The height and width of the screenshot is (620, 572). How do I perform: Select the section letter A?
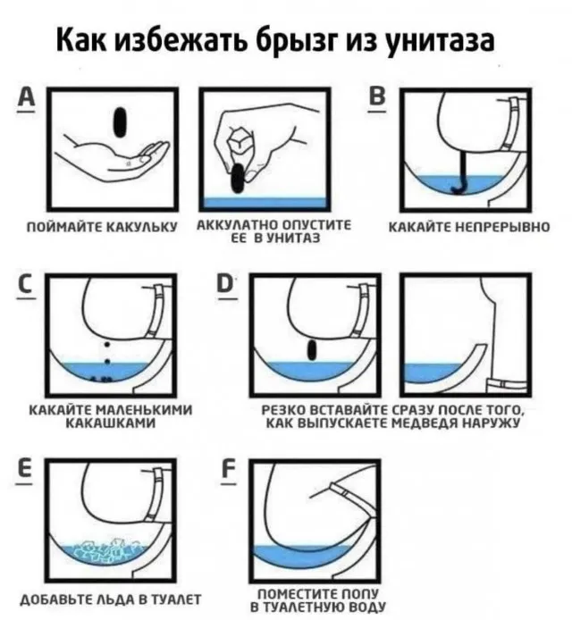pyautogui.click(x=26, y=97)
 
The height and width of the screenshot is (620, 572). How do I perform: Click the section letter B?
pyautogui.click(x=377, y=96)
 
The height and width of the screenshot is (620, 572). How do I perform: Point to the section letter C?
pyautogui.click(x=26, y=284)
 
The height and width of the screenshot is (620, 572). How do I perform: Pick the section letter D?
pyautogui.click(x=225, y=284)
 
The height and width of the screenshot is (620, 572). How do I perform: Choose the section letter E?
pyautogui.click(x=25, y=469)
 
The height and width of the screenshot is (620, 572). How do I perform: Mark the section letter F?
pyautogui.click(x=229, y=470)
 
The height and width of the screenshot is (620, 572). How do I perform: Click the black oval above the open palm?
pyautogui.click(x=120, y=122)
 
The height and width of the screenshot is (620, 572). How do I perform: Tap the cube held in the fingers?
pyautogui.click(x=240, y=141)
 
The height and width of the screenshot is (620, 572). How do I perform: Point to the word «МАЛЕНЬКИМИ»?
pyautogui.click(x=144, y=410)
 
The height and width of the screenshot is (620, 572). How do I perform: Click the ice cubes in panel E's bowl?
pyautogui.click(x=107, y=551)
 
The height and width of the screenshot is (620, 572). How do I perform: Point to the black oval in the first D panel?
pyautogui.click(x=312, y=350)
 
